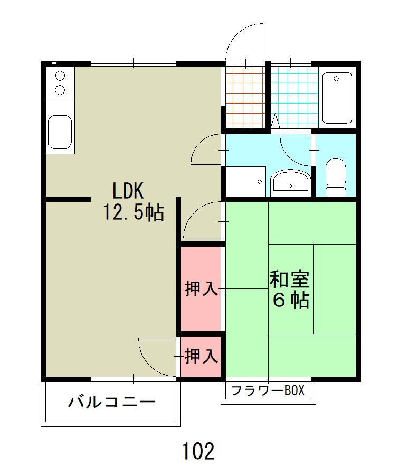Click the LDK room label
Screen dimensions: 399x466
click(x=128, y=191)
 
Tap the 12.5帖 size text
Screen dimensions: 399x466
click(x=134, y=212)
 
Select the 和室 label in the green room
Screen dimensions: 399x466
click(x=289, y=279)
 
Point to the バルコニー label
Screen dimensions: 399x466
click(x=112, y=402)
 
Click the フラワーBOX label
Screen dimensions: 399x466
click(x=268, y=390)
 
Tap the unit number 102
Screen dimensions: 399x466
click(x=198, y=451)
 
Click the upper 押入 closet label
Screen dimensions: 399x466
click(x=201, y=288)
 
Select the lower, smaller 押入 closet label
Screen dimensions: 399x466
click(x=201, y=356)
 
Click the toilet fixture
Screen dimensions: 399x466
click(x=336, y=177)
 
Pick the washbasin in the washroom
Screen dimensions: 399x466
click(x=290, y=181)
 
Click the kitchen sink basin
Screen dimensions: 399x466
click(x=60, y=132)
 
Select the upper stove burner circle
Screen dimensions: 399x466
click(x=60, y=76)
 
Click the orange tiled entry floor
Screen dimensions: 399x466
click(x=245, y=97)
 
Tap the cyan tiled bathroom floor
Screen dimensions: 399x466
click(x=294, y=97)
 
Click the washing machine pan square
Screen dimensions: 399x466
click(x=245, y=181)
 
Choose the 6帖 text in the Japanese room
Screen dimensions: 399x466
click(x=291, y=300)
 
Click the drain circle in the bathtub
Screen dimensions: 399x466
click(x=336, y=79)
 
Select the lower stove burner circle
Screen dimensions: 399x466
click(x=60, y=89)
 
